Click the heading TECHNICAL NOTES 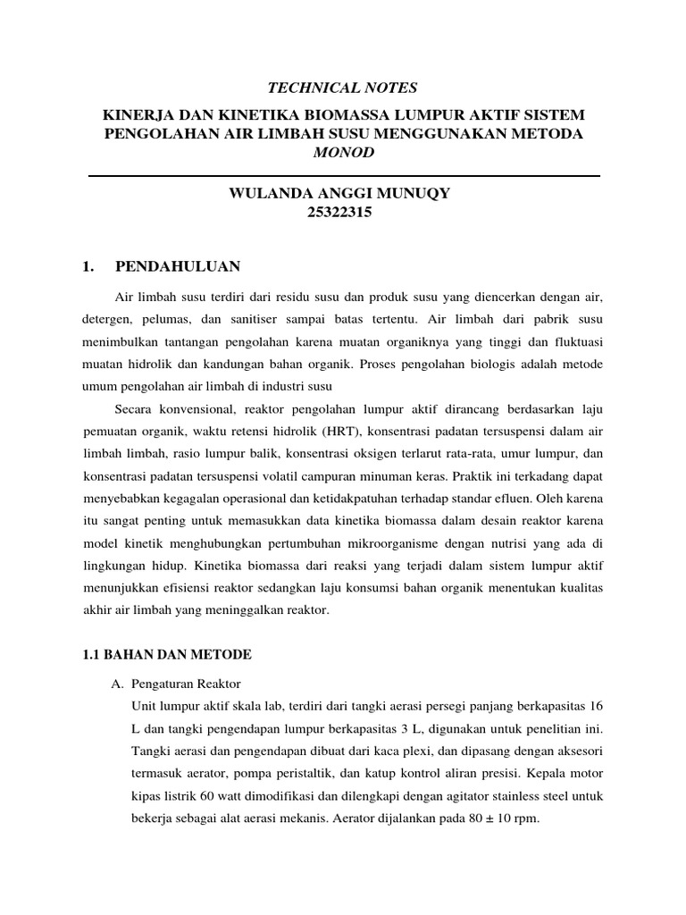(343, 87)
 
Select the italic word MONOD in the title (343, 152)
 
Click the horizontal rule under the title (344, 175)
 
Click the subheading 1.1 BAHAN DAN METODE (167, 655)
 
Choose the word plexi (400, 750)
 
